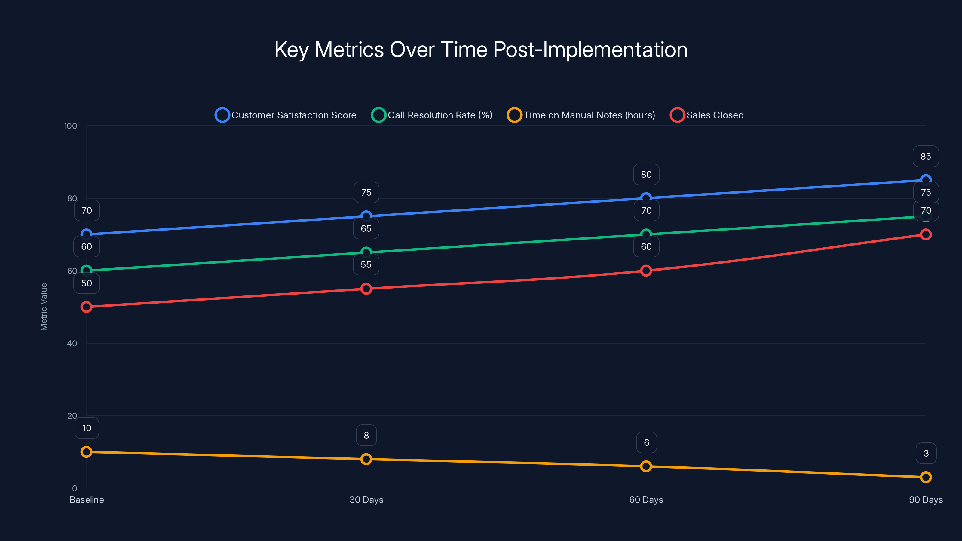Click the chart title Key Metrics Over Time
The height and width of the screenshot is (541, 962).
tap(481, 50)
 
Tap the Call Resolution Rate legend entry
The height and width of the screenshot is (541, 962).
tap(432, 115)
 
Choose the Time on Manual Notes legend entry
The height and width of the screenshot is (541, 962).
tap(581, 115)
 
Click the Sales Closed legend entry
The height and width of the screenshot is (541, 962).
tap(707, 115)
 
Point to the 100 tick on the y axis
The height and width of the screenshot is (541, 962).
tap(70, 126)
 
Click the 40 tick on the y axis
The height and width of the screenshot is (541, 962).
tap(72, 344)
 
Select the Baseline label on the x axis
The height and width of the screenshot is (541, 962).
tap(87, 500)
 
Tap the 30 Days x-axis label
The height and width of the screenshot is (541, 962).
tap(366, 500)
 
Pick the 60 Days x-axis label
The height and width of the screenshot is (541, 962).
tap(646, 500)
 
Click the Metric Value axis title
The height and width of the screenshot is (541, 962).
tap(44, 307)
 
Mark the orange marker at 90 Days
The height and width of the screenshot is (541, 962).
tap(925, 477)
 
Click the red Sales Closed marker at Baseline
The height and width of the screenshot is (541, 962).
tap(86, 307)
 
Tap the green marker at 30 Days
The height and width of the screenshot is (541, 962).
tap(366, 252)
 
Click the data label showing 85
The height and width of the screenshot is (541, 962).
tap(925, 156)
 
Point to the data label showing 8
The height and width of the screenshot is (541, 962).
tap(366, 435)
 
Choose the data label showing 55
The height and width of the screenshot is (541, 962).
tap(366, 265)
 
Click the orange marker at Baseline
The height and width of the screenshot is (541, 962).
tap(86, 452)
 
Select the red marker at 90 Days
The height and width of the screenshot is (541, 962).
tap(925, 234)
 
